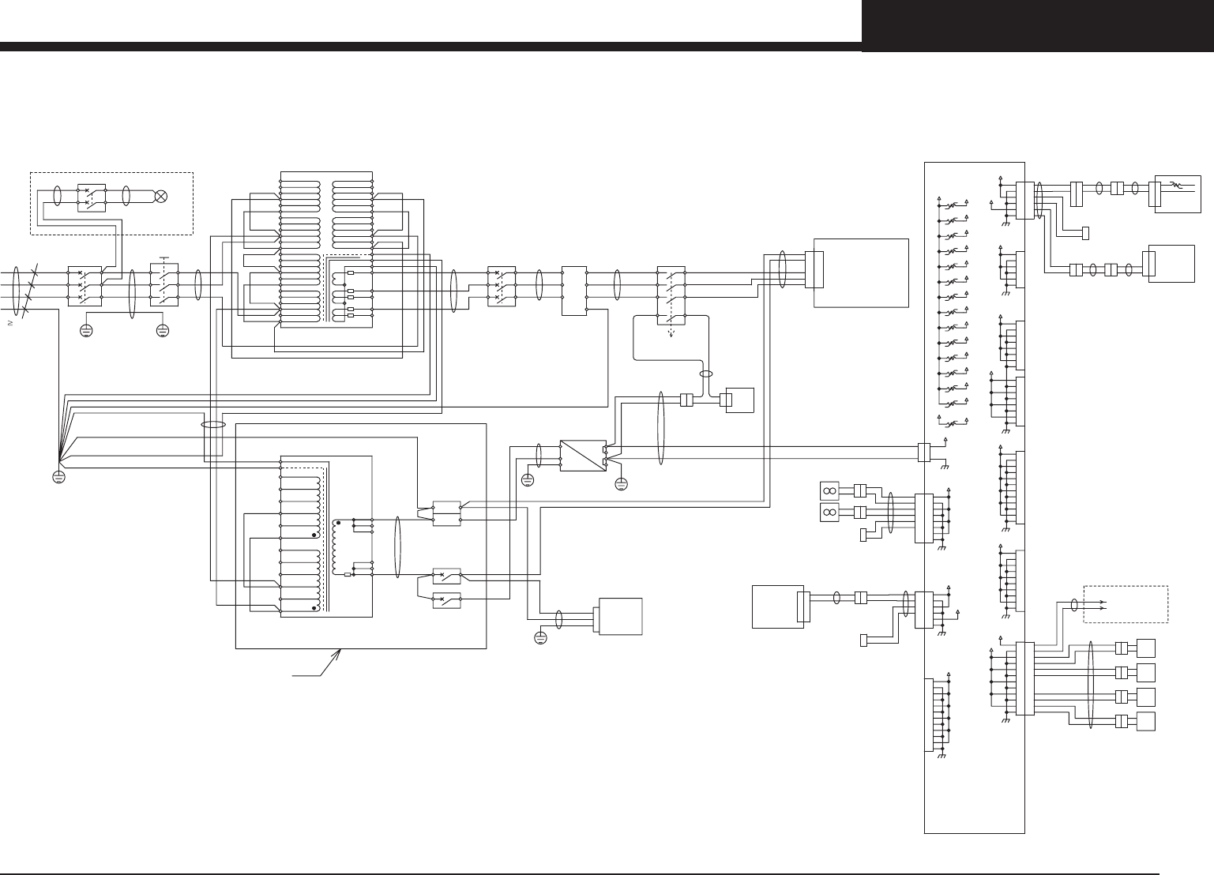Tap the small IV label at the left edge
coord(11,323)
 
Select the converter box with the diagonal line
coord(582,455)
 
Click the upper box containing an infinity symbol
coord(829,491)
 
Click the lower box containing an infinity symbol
coord(829,513)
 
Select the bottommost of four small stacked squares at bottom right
coord(1144,722)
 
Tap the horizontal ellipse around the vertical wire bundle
coord(213,425)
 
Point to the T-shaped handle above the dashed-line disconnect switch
coord(164,258)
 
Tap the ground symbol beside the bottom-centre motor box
coord(540,637)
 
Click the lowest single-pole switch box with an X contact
coord(447,576)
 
